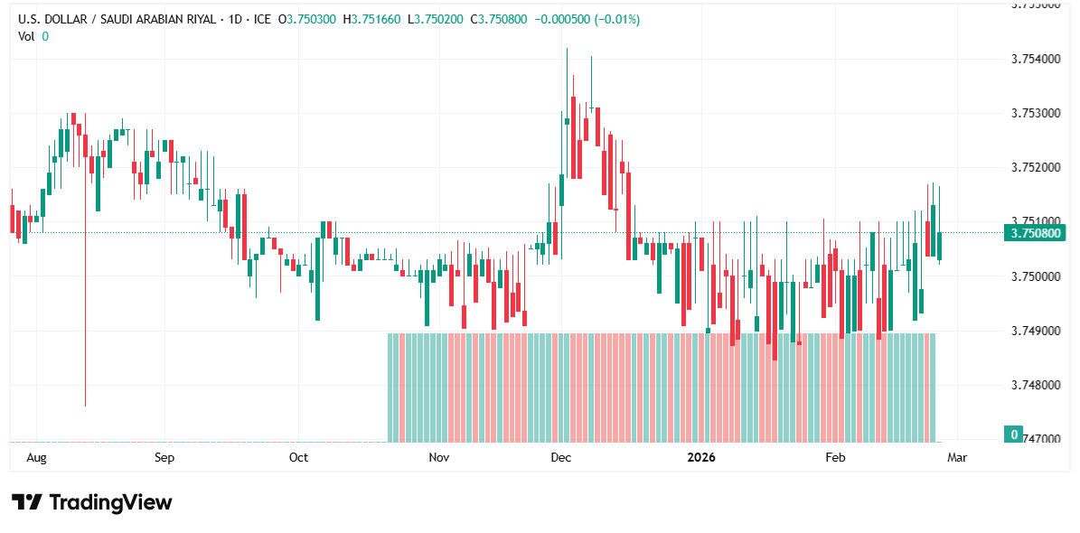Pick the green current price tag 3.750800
[x=1036, y=233]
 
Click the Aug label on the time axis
[x=36, y=458]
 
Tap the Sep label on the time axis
[x=164, y=458]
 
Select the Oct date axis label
[x=298, y=458]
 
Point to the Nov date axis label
[x=439, y=458]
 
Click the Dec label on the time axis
[x=560, y=458]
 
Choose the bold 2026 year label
[x=700, y=458]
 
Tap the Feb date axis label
[x=835, y=458]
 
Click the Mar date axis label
[x=956, y=458]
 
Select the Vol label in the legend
[x=26, y=36]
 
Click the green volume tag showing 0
[x=1015, y=435]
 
